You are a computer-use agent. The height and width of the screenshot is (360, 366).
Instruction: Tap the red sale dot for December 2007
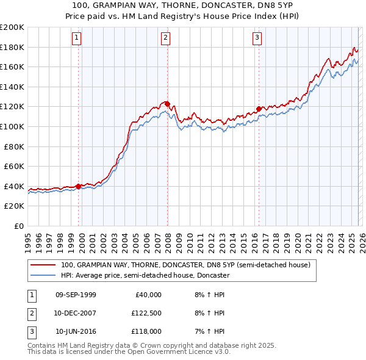[x=167, y=104]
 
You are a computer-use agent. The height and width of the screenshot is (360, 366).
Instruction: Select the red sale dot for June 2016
[x=259, y=109]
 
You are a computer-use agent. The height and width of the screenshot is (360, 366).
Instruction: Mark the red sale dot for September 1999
[x=79, y=186]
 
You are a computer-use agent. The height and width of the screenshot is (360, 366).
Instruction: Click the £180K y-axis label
[x=12, y=47]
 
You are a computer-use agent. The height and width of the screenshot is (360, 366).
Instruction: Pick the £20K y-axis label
[x=14, y=206]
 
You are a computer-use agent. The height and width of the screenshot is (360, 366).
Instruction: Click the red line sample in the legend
[x=43, y=265]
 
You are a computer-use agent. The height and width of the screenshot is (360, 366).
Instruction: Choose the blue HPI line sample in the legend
[x=43, y=275]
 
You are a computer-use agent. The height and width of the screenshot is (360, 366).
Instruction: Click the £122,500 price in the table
[x=147, y=313]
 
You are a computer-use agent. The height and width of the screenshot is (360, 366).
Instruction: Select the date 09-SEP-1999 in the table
[x=76, y=295]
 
